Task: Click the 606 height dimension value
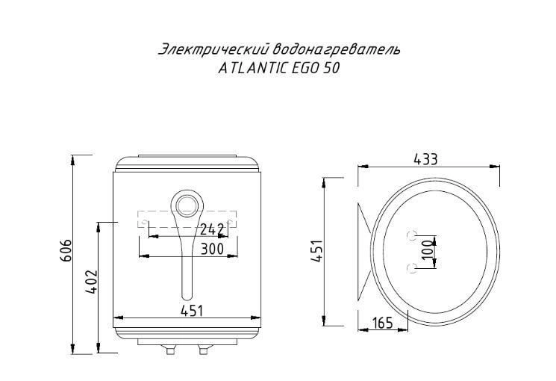click(x=66, y=250)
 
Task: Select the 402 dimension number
click(x=91, y=282)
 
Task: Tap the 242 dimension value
click(x=212, y=230)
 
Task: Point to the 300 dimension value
click(x=212, y=249)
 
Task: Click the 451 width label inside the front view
click(x=192, y=311)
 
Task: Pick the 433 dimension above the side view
click(x=425, y=159)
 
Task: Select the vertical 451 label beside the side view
click(x=316, y=251)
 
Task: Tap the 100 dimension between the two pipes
click(x=428, y=250)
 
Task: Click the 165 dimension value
click(x=383, y=323)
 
